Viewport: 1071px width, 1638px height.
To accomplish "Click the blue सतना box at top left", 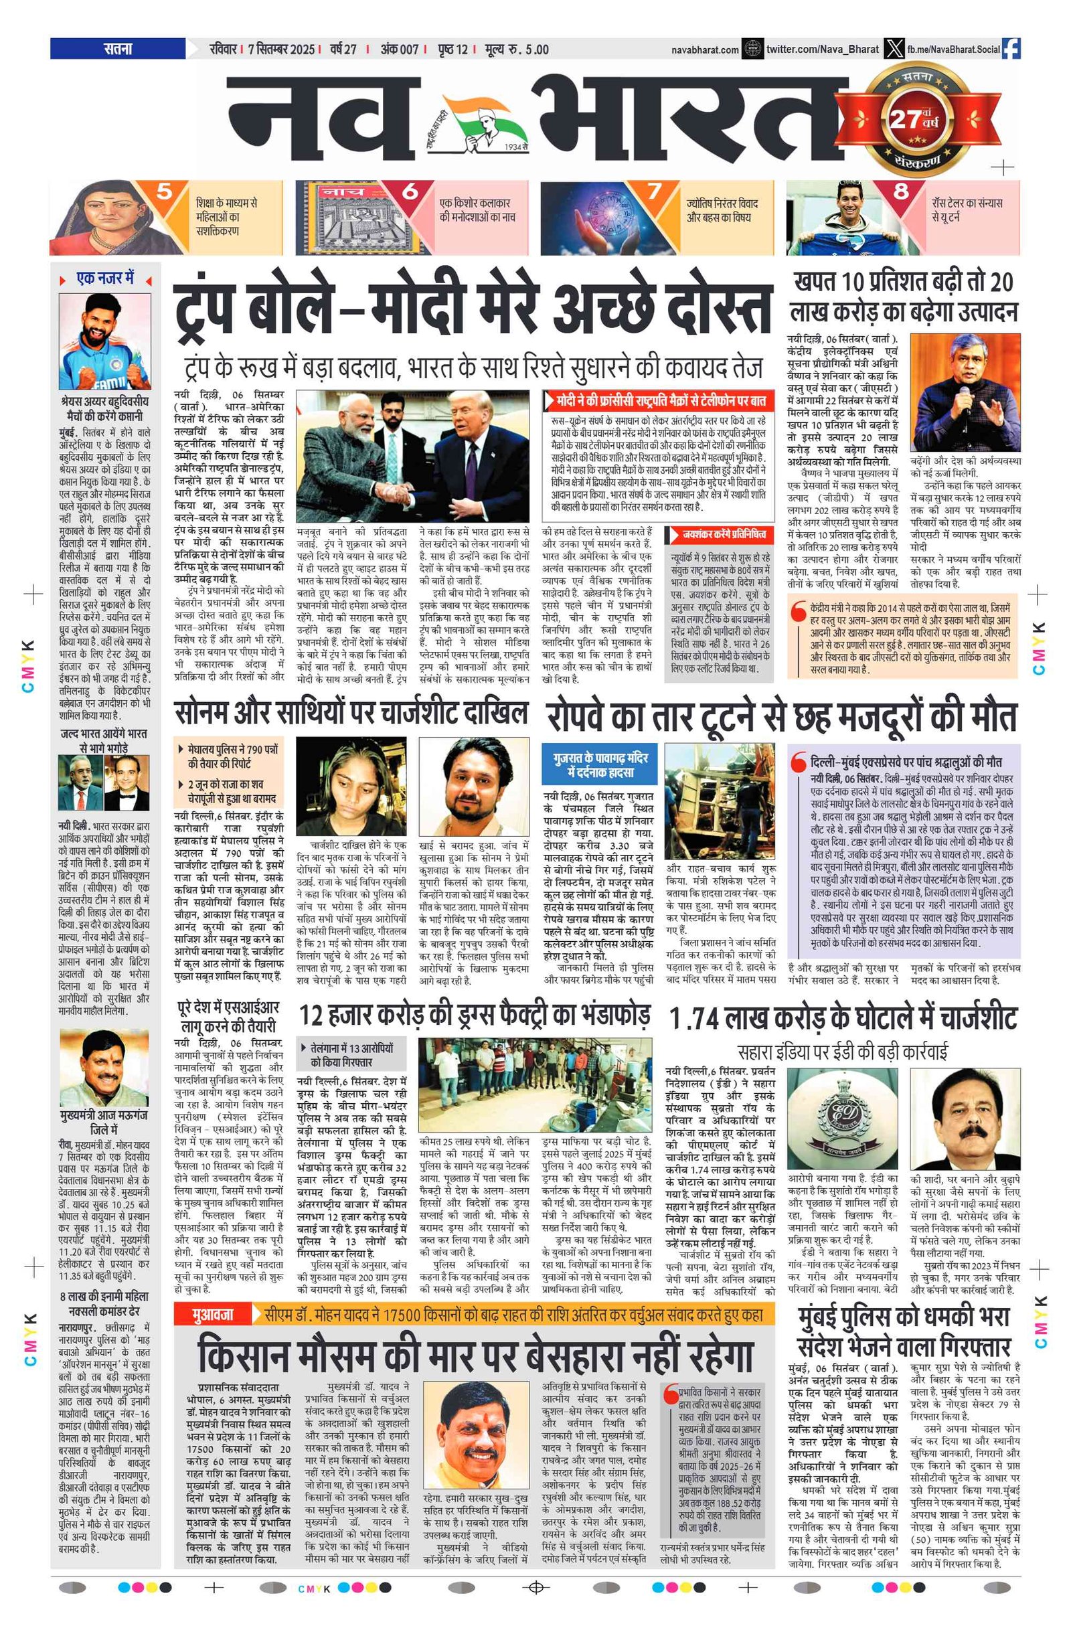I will coord(118,49).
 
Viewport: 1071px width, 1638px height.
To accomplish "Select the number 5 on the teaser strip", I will coord(164,191).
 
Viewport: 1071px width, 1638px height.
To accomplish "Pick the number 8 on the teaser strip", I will coord(901,191).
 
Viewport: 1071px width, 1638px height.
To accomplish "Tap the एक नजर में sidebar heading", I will coord(104,278).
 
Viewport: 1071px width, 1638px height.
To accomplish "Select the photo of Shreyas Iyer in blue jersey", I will coord(104,341).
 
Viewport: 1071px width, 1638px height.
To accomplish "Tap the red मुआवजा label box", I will coord(214,1315).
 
